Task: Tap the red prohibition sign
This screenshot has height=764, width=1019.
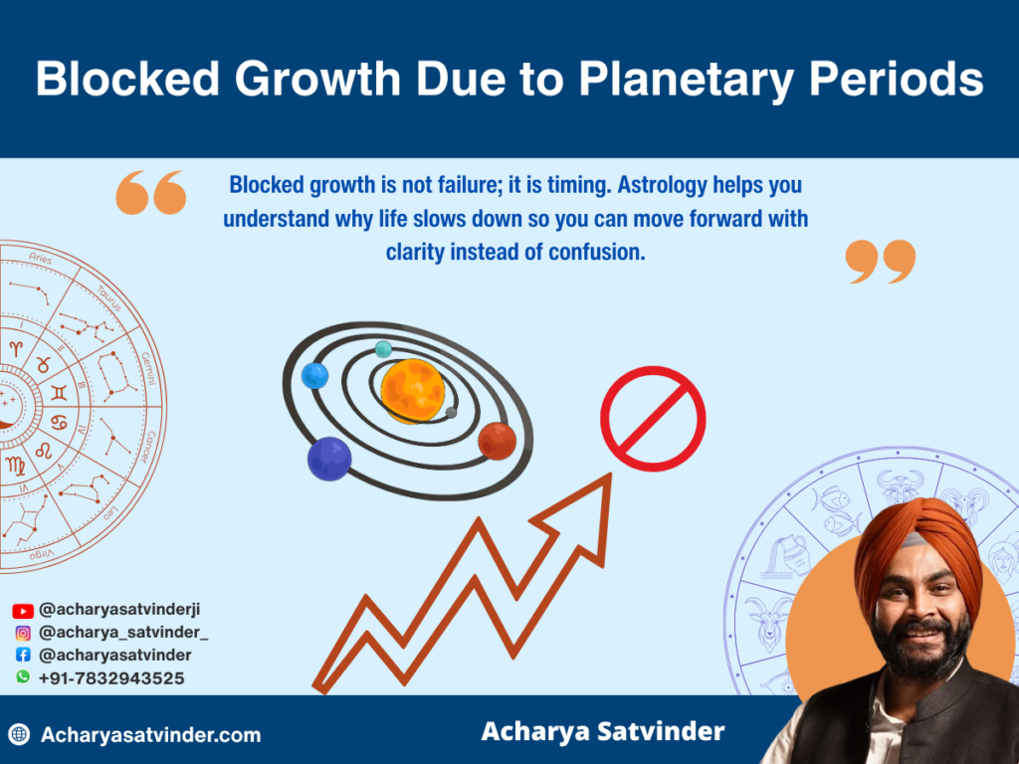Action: pos(653,419)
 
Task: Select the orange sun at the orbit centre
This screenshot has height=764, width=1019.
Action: pos(412,391)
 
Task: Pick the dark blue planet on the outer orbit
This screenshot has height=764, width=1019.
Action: pos(329,459)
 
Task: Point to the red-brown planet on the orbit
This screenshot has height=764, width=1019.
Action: pos(497,441)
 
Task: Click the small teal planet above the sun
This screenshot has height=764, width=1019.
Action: pos(383,349)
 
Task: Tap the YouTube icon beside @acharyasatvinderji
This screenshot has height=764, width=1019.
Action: pos(23,611)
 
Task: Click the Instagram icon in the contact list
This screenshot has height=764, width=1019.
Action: pos(23,633)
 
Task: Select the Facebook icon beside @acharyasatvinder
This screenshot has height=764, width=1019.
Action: pos(23,656)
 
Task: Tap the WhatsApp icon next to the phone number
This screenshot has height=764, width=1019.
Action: pos(23,677)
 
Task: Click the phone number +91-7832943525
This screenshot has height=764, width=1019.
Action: pos(111,678)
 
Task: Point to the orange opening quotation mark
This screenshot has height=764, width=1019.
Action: pos(151,192)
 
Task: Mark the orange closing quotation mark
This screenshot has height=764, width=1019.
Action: pos(880,261)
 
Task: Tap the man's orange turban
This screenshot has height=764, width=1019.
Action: pos(914,542)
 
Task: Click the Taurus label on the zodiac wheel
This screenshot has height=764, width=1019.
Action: pos(108,295)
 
